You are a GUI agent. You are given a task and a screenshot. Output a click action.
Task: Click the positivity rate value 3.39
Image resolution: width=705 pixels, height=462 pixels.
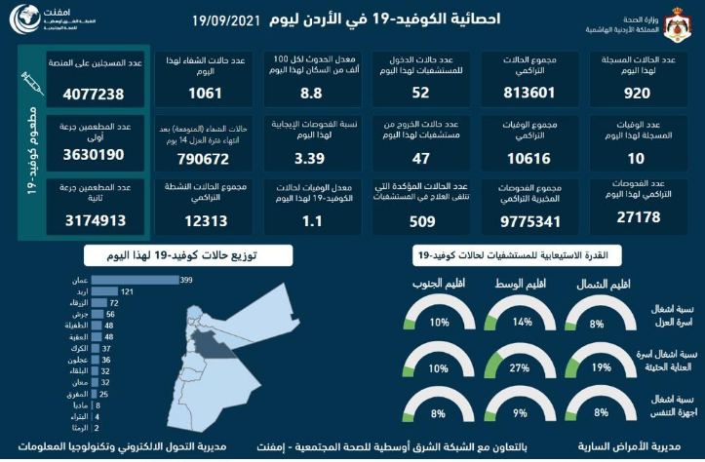pos(319,158)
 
